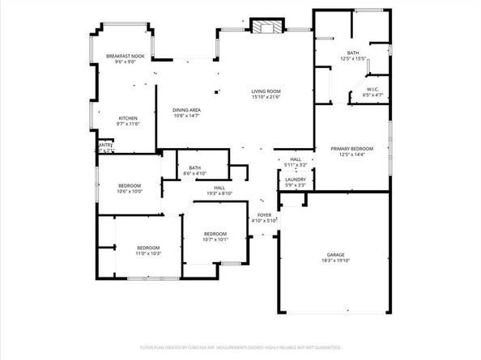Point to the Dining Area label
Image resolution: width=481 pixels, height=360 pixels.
click(187, 110)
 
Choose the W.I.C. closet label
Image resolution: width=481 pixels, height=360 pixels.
click(373, 90)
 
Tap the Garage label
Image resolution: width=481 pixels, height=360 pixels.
click(335, 255)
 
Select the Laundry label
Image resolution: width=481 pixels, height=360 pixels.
click(295, 180)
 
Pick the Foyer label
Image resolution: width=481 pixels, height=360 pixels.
click(265, 215)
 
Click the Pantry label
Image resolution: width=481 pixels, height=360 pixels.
click(104, 145)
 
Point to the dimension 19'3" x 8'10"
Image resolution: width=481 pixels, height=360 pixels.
click(219, 193)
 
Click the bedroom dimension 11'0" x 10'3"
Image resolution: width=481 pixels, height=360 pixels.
click(147, 253)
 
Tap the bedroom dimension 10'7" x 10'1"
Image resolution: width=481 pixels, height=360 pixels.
click(215, 239)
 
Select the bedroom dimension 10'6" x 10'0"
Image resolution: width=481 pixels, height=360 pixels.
click(130, 192)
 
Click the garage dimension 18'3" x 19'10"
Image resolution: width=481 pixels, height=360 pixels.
click(335, 261)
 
